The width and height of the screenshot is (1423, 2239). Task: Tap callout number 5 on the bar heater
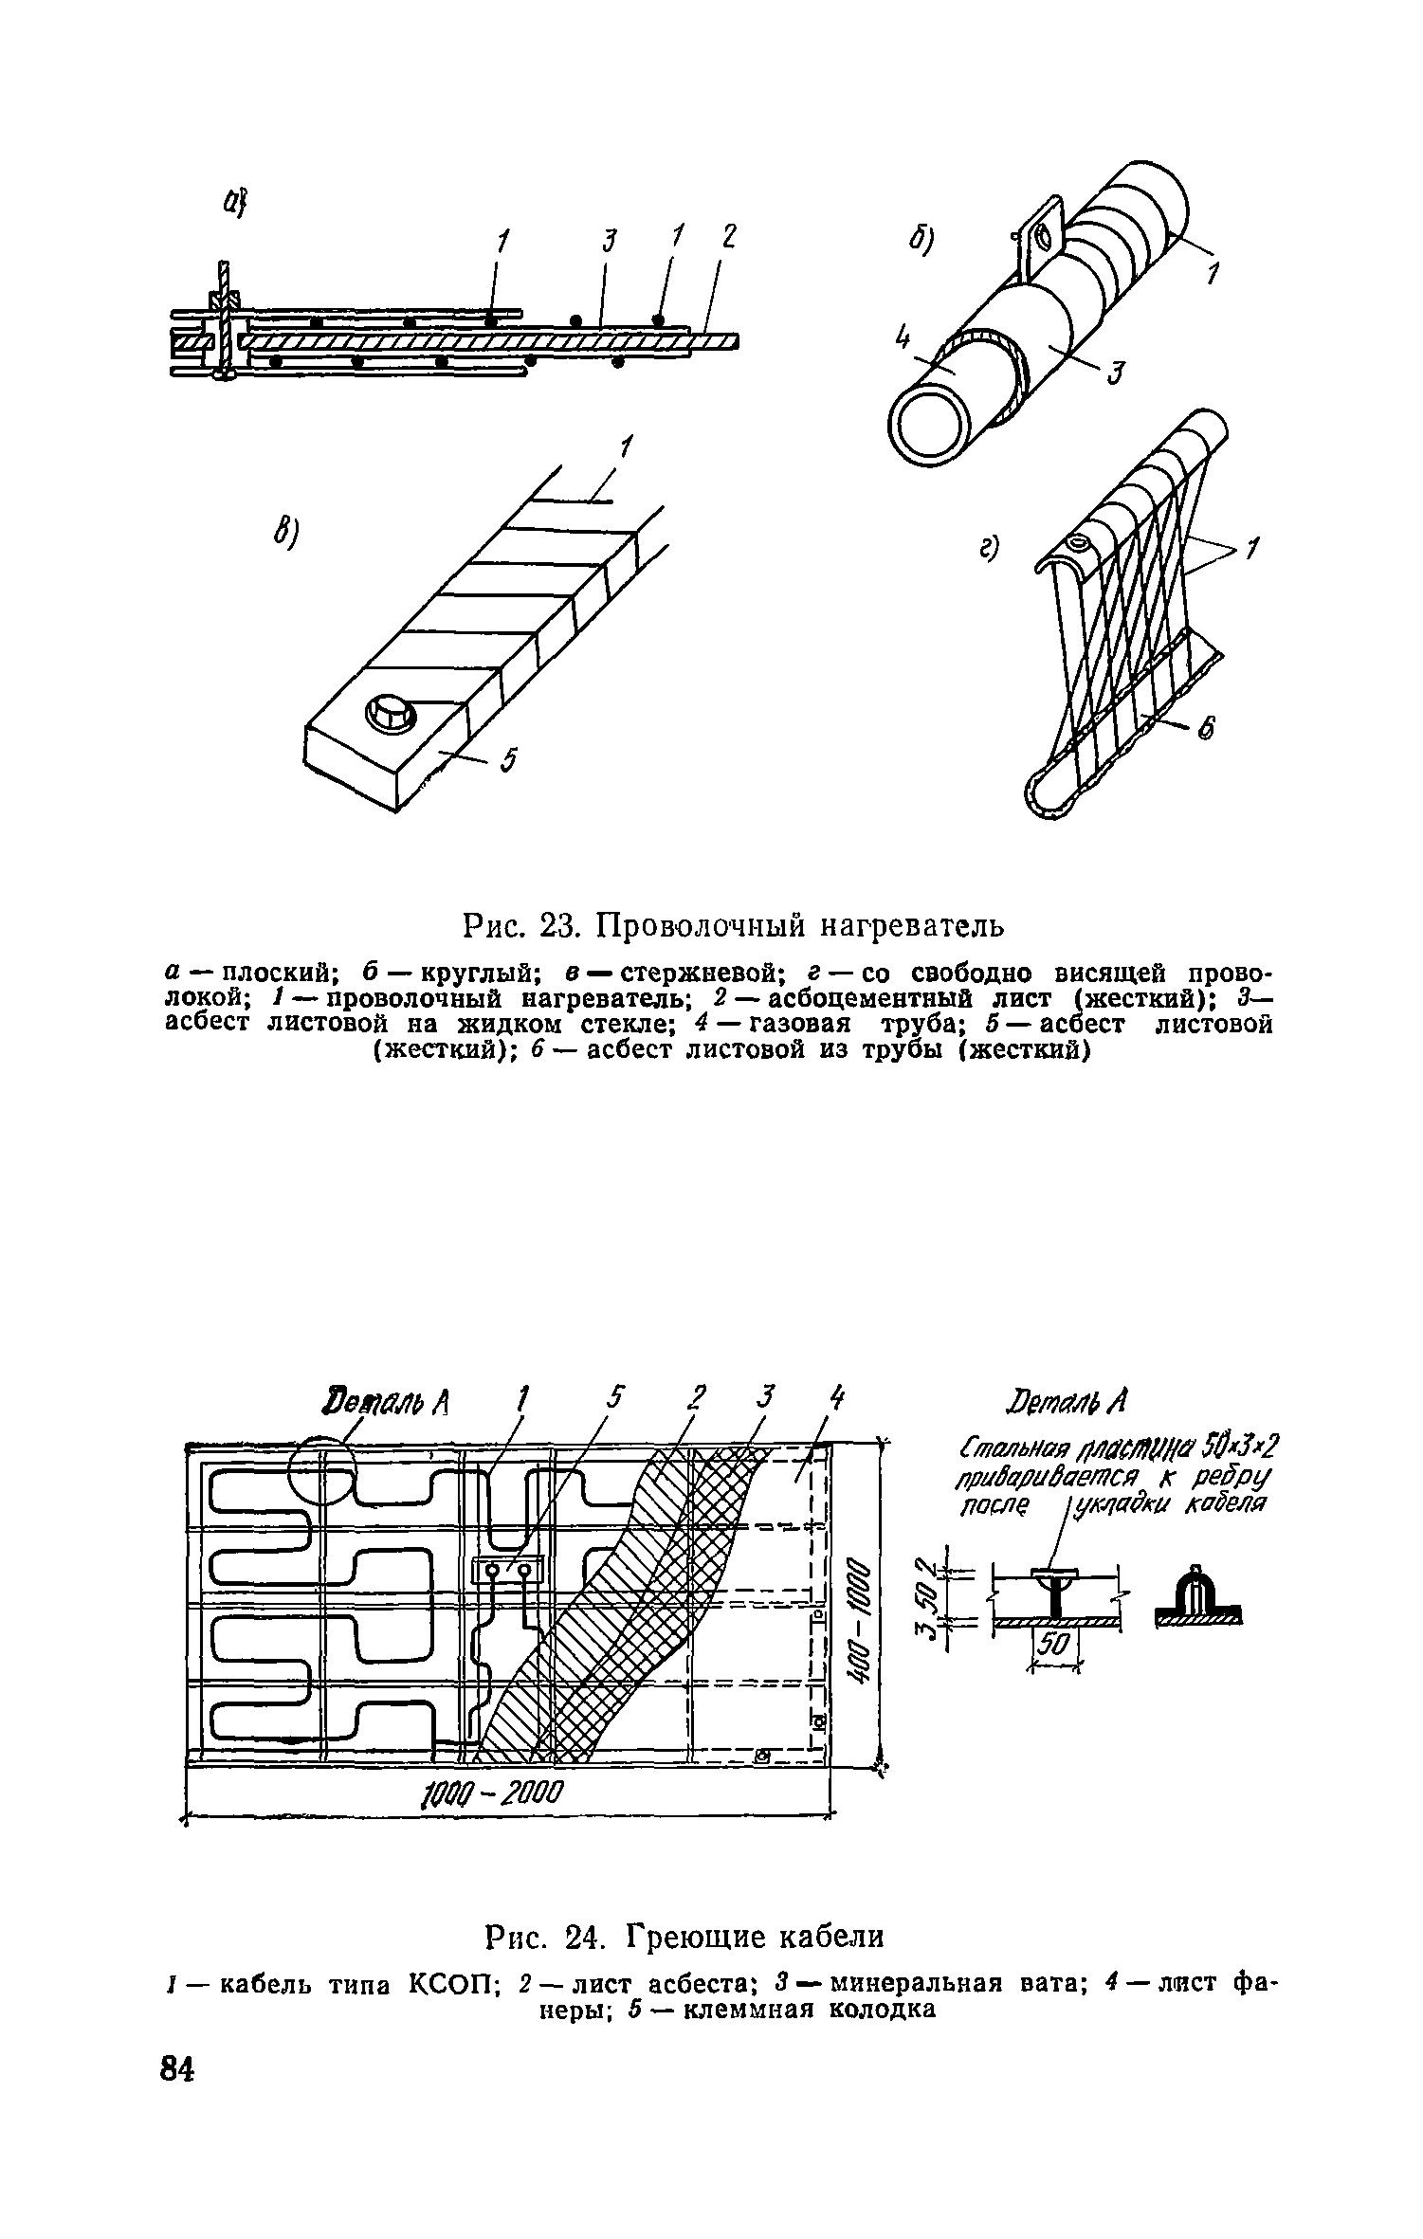tap(509, 760)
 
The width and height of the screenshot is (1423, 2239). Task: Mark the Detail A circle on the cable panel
tap(322, 1475)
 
